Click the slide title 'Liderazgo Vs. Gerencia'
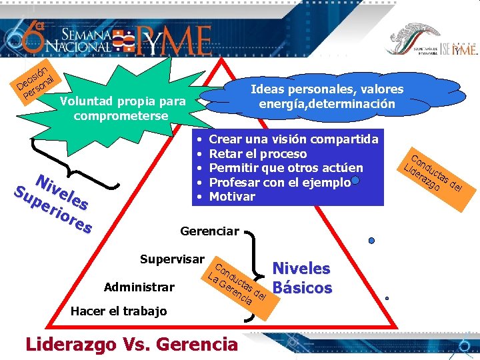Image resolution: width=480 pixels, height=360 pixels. click(131, 344)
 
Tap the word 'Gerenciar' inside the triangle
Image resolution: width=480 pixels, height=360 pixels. click(209, 231)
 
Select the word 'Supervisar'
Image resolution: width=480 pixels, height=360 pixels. click(172, 258)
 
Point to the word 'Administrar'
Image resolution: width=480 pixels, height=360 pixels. click(139, 287)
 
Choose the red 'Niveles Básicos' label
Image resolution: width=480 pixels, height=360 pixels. click(302, 278)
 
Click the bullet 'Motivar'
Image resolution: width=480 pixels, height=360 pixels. click(232, 197)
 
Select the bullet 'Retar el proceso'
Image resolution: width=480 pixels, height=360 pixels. click(258, 154)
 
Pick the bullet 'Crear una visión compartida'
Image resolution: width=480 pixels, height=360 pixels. click(293, 139)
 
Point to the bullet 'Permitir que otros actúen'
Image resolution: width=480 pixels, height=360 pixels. click(286, 168)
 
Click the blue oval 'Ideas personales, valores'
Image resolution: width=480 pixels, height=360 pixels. click(327, 97)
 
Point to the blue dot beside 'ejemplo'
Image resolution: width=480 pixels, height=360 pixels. click(355, 181)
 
